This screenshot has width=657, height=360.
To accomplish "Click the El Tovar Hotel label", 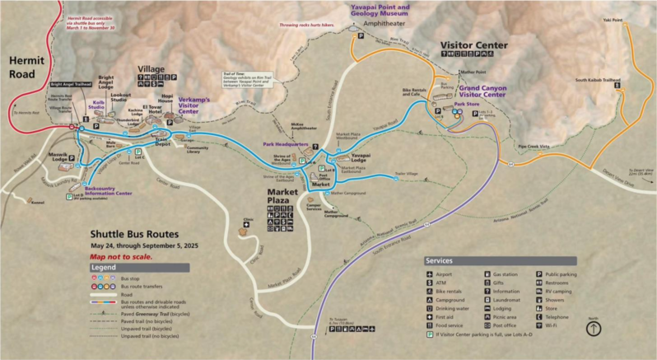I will [x=151, y=110].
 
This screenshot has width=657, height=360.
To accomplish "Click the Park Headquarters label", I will [x=285, y=143].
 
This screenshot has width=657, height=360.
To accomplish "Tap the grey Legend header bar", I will [x=139, y=269].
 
